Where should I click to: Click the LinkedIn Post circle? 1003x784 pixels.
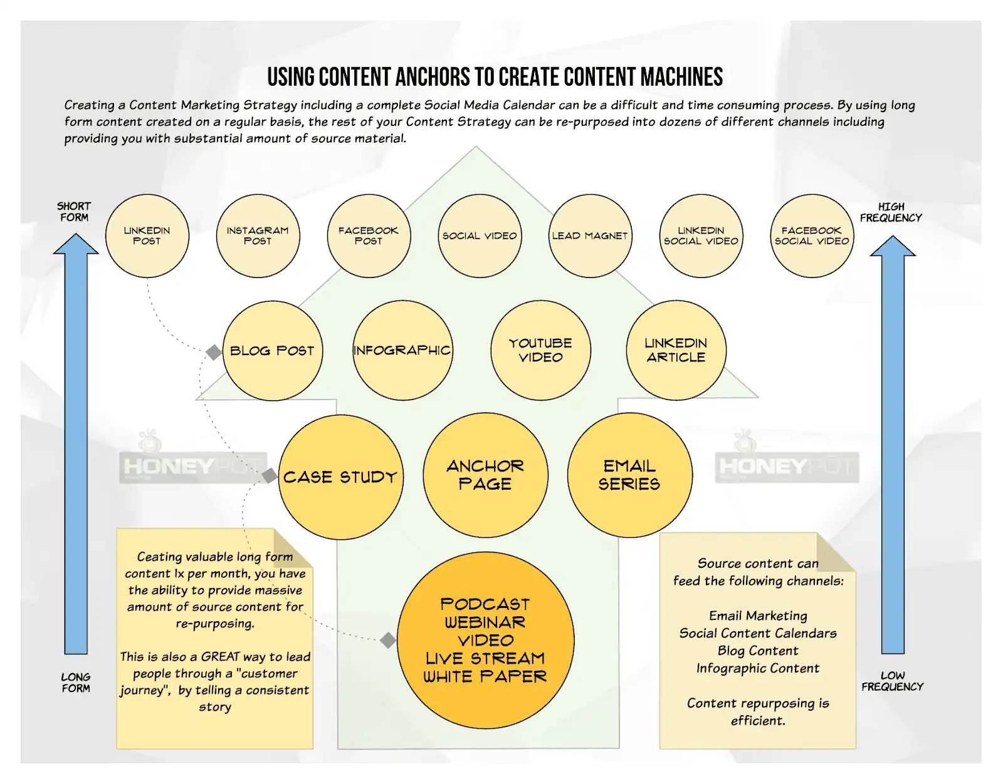[x=147, y=235]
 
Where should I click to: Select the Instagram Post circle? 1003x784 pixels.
[x=258, y=235]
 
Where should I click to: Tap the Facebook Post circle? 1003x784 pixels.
[x=369, y=235]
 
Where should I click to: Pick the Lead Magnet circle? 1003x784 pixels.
[x=590, y=235]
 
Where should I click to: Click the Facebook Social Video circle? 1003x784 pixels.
[x=812, y=235]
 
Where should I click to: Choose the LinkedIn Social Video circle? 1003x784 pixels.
[x=701, y=235]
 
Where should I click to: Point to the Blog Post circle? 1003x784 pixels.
[x=273, y=351]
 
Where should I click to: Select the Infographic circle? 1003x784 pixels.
[x=402, y=351]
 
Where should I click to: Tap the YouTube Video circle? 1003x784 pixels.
[x=540, y=351]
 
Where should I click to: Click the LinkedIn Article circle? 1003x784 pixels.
[x=676, y=351]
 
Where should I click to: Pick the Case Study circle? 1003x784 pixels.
[x=340, y=477]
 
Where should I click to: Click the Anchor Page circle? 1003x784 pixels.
[x=485, y=475]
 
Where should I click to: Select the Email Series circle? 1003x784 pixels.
[x=629, y=475]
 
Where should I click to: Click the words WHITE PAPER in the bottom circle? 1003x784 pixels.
[x=485, y=677]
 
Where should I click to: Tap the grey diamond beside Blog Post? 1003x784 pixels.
[x=214, y=353]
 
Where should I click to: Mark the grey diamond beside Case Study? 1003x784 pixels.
[x=270, y=476]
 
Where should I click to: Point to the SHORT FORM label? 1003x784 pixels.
[x=74, y=212]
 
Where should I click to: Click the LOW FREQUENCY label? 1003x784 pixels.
[x=892, y=681]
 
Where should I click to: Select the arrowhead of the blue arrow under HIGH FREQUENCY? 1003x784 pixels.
[x=893, y=246]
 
